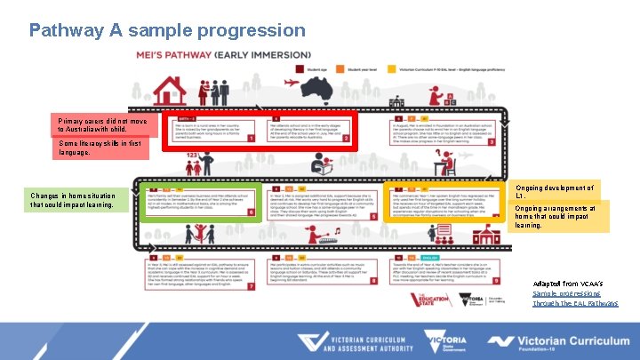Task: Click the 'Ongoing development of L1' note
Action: pos(556,192)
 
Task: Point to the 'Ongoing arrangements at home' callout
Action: pos(556,217)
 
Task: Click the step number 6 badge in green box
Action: pos(251,212)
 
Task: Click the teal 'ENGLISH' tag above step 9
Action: pos(416,255)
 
